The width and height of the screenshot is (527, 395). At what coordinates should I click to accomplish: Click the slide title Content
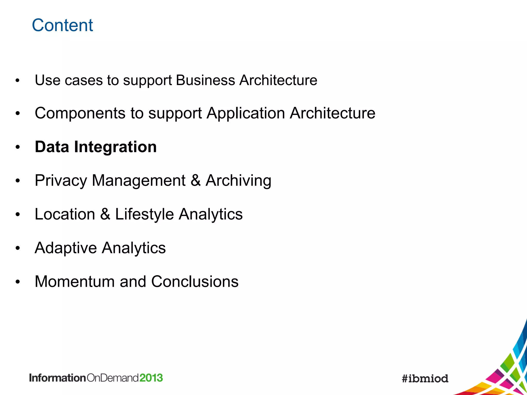pyautogui.click(x=62, y=25)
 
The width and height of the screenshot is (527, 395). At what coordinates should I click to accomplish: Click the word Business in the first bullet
pyautogui.click(x=205, y=80)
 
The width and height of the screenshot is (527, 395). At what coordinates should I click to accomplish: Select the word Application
pyautogui.click(x=245, y=113)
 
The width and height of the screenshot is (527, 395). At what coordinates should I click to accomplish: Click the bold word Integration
pyautogui.click(x=115, y=147)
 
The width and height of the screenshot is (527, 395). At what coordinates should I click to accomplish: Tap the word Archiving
pyautogui.click(x=238, y=181)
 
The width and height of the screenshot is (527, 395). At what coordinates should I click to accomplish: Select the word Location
pyautogui.click(x=65, y=214)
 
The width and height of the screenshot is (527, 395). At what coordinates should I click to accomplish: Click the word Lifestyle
pyautogui.click(x=144, y=214)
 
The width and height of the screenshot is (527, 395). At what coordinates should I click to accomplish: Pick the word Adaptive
pyautogui.click(x=66, y=248)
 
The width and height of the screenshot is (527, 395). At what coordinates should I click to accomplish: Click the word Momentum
pyautogui.click(x=75, y=281)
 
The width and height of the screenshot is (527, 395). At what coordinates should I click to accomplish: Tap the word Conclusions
pyautogui.click(x=195, y=281)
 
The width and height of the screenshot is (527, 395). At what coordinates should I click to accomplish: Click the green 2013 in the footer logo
pyautogui.click(x=151, y=378)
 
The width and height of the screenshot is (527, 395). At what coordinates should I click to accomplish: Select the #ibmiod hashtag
pyautogui.click(x=425, y=378)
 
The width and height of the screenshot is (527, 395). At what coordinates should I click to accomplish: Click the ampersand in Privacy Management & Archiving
pyautogui.click(x=196, y=181)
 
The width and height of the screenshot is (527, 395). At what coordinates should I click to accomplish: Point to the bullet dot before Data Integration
pyautogui.click(x=17, y=147)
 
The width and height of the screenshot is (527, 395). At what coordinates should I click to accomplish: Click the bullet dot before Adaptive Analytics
pyautogui.click(x=17, y=248)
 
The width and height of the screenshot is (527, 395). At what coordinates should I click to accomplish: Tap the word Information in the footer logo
pyautogui.click(x=57, y=378)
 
